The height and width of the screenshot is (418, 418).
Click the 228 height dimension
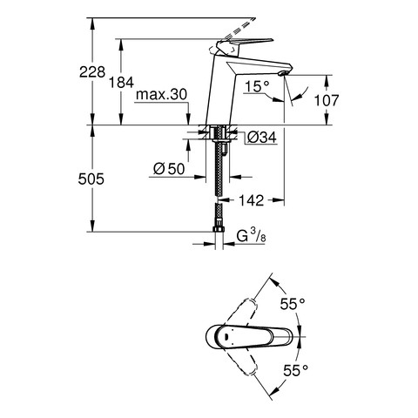click(92, 71)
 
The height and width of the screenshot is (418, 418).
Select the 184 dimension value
click(121, 82)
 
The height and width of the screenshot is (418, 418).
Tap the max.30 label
click(162, 94)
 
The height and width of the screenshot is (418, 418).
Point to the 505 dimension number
click(91, 179)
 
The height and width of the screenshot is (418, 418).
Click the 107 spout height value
click(327, 100)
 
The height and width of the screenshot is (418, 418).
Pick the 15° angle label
click(257, 86)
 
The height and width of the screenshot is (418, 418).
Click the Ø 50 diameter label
click(169, 169)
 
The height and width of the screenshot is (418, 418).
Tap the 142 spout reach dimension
click(252, 200)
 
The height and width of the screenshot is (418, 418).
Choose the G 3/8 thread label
click(252, 236)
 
